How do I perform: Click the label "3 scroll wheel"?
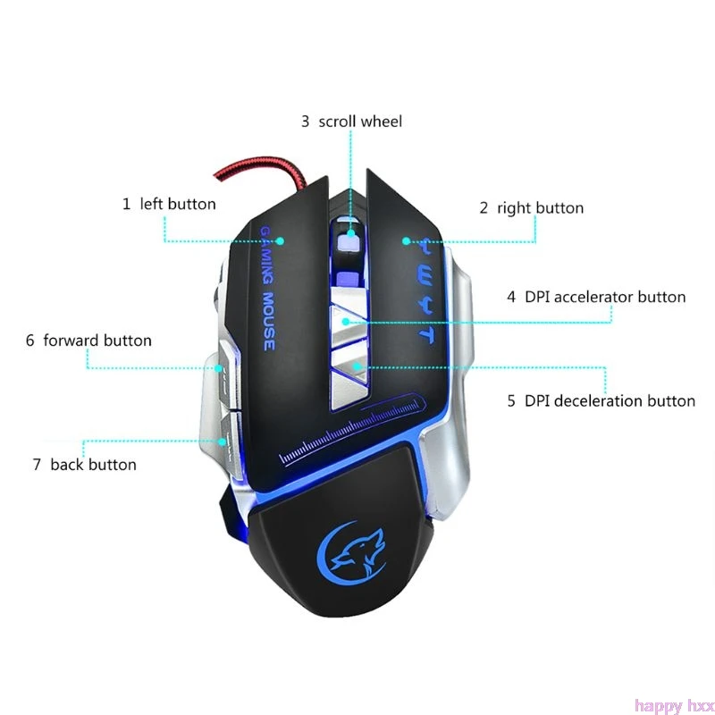coord(351,122)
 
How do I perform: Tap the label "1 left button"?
coord(169,204)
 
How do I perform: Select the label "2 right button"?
coord(531,208)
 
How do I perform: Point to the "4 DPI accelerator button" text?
coord(596,297)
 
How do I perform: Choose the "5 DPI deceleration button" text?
coord(601,400)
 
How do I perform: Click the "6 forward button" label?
coord(88,341)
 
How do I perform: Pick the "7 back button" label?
coord(84,465)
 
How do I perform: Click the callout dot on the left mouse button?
coord(280,240)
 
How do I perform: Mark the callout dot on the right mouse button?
coord(406,240)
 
